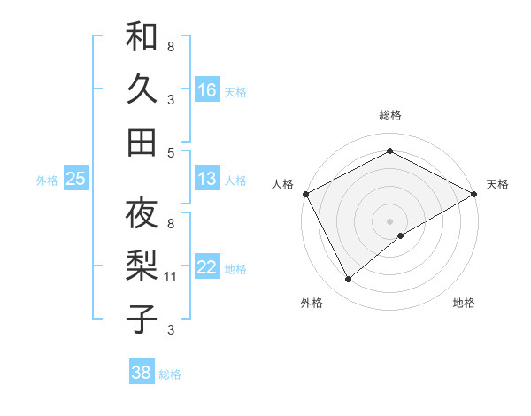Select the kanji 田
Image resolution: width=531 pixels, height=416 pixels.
pos(142,141)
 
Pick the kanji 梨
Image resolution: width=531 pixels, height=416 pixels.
pos(142,266)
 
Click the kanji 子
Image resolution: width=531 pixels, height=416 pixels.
pos(142,318)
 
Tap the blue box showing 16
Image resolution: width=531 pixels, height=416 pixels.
pos(207,89)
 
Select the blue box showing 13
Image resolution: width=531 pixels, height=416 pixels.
pos(207,179)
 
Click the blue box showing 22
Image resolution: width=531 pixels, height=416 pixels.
pos(207,268)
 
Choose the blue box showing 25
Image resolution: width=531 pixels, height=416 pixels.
pos(76,179)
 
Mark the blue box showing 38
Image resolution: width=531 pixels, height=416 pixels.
pos(142,373)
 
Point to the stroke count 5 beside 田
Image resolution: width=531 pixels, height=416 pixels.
pos(171,152)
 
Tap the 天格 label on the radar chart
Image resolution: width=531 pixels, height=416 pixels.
pos(497,184)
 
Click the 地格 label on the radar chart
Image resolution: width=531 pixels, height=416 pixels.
pos(464,303)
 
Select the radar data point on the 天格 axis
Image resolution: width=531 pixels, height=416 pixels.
pos(474,192)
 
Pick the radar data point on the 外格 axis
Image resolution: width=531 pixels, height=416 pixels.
pos(349,280)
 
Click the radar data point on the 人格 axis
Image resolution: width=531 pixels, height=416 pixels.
pos(305,193)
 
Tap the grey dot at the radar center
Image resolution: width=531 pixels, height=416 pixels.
pos(389,220)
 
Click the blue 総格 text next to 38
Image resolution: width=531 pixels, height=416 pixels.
pos(170,374)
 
